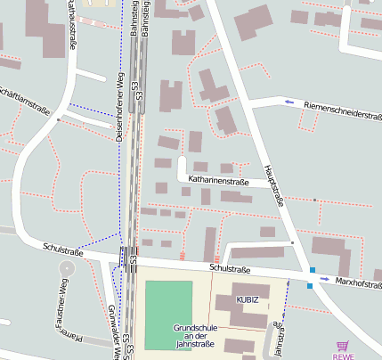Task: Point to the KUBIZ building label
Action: click(248, 300)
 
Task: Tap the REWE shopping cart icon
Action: click(343, 346)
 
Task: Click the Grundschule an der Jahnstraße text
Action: click(196, 334)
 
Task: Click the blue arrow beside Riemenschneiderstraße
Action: click(289, 102)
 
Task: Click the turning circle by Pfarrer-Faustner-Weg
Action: click(67, 267)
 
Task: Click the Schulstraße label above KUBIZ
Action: click(231, 268)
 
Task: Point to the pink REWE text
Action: click(344, 356)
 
